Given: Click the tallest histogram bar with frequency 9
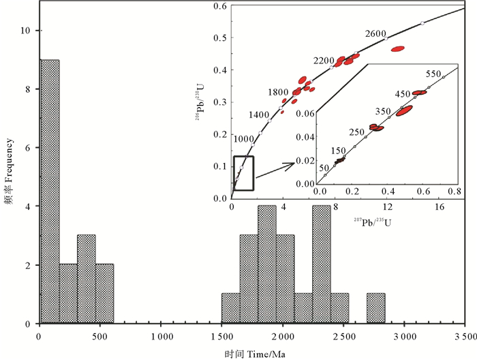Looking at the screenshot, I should click(50, 191).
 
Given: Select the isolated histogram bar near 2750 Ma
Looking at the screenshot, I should click(375, 308).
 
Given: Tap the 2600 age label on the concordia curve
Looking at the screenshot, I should click(375, 33).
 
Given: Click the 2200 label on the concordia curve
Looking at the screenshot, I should click(325, 61).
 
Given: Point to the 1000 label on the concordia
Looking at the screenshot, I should click(244, 138).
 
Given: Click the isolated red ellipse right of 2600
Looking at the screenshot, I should click(398, 48).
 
